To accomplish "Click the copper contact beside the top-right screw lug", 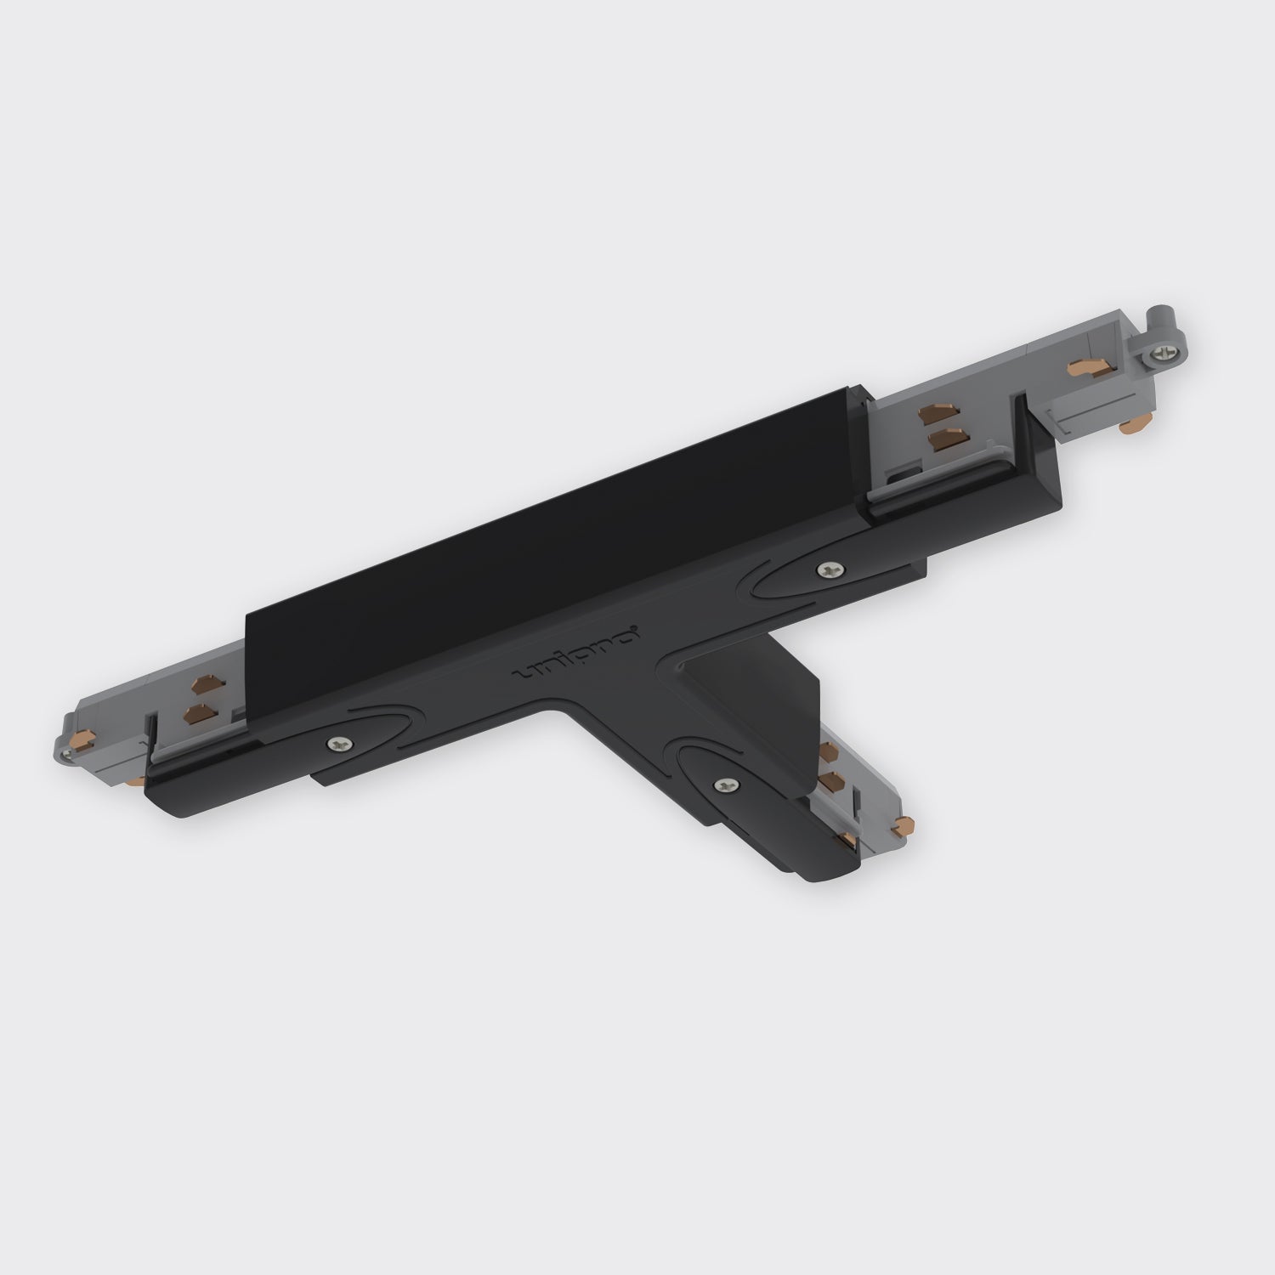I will [1080, 367].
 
